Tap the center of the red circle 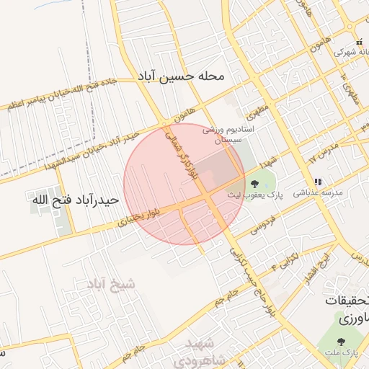tap(184, 184)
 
